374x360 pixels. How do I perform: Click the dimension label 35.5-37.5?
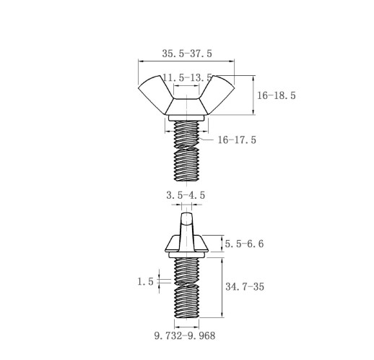187,53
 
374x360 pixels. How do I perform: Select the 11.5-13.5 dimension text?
188,78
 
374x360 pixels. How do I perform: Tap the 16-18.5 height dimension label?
277,95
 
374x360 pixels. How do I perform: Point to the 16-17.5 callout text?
237,140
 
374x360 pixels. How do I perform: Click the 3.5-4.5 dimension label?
186,195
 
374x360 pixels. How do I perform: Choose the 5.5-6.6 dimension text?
244,244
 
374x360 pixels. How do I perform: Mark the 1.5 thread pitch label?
145,281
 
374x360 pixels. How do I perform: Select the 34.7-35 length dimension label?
245,287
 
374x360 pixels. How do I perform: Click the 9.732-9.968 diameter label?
185,336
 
